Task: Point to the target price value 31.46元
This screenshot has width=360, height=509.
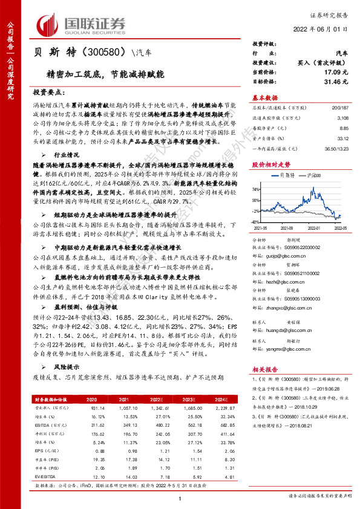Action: pyautogui.click(x=336, y=81)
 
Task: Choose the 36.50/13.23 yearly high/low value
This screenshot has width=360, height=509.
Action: pyautogui.click(x=335, y=157)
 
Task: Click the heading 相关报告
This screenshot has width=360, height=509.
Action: pyautogui.click(x=264, y=368)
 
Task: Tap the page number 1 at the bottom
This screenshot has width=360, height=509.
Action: pyautogui.click(x=180, y=498)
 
